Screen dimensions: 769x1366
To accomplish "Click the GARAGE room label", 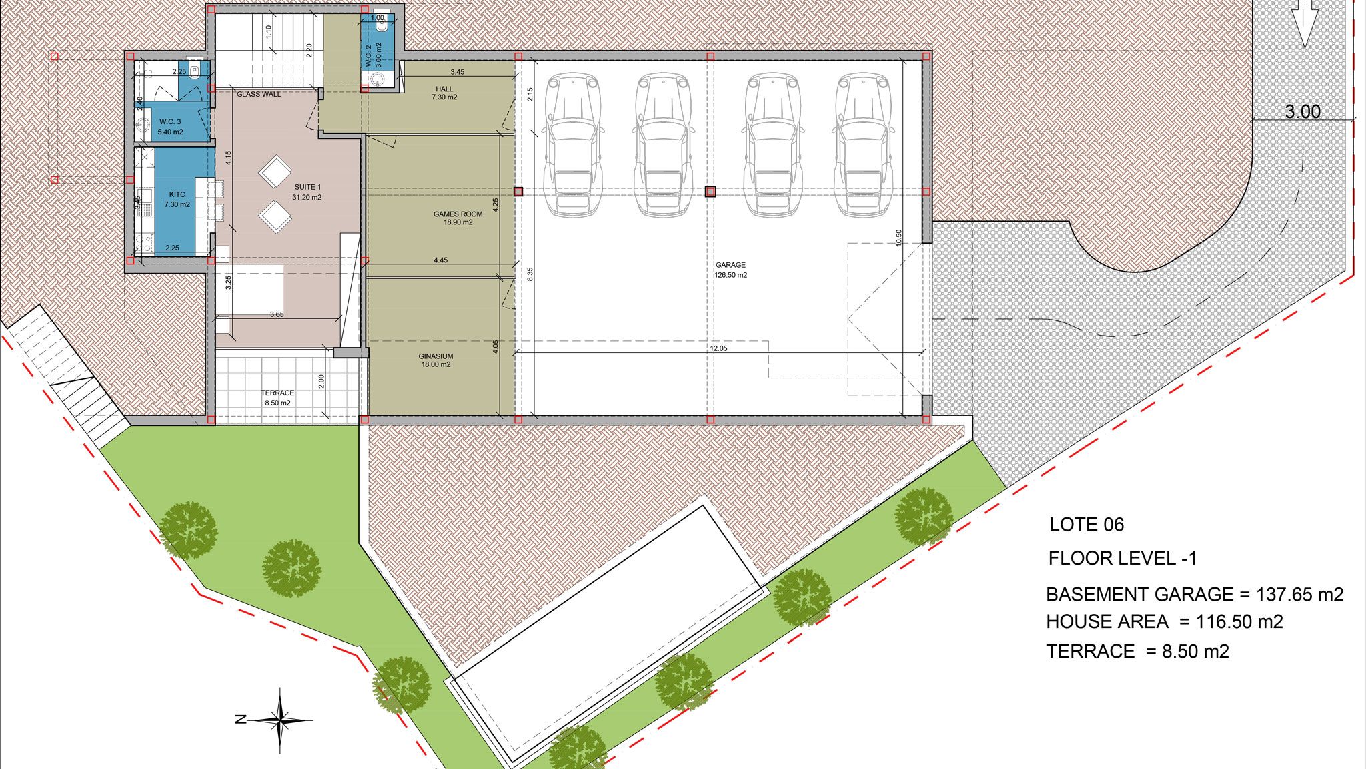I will point(730,265).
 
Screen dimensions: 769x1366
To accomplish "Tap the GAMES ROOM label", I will point(458,214).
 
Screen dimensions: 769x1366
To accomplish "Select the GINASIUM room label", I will point(436,356).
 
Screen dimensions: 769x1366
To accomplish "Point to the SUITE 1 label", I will point(307,187).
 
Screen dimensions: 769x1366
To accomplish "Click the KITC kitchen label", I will point(177,194).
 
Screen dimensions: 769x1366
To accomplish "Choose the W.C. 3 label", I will point(170,122).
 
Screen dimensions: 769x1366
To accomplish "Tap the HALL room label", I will point(444,89).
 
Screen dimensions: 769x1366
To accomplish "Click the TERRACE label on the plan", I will point(277,393).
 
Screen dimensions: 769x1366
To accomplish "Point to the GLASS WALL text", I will point(259,95).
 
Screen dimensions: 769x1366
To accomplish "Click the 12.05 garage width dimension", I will point(718,348).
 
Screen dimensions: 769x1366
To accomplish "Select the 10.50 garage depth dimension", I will point(898,238).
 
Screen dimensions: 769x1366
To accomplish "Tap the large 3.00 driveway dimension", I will point(1303,111).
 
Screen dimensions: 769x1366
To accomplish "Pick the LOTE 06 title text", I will point(1087,525).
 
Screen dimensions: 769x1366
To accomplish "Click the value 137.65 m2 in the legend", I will point(1300,594).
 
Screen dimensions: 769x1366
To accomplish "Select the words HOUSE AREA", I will point(1107,622).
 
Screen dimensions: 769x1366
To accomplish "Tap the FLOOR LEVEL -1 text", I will point(1123,558).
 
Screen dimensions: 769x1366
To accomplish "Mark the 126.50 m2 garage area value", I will point(730,275).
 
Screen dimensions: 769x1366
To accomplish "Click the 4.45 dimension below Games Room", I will point(440,260).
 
